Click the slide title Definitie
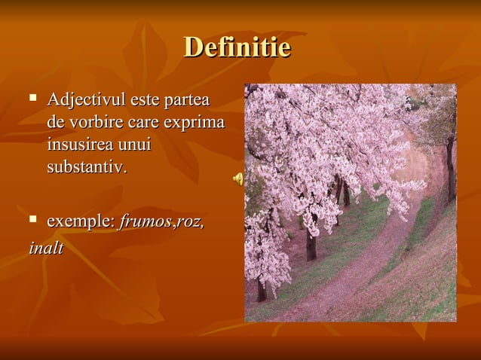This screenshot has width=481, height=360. click(x=237, y=48)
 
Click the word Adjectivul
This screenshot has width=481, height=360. click(x=86, y=99)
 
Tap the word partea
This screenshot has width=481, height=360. click(x=188, y=99)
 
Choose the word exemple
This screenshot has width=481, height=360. click(x=80, y=221)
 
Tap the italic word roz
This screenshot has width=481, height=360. click(x=189, y=221)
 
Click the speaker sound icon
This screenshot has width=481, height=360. click(x=237, y=178)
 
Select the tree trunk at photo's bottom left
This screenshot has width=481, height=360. click(x=261, y=289)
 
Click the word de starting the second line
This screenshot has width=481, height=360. click(x=55, y=121)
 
